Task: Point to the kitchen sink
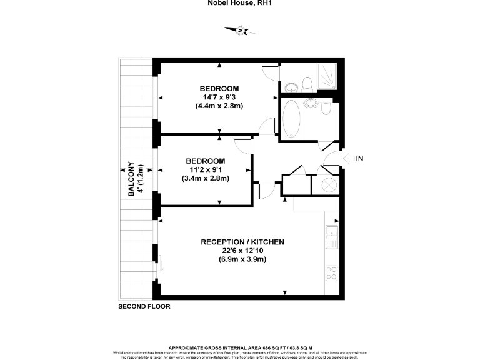tap(332, 236)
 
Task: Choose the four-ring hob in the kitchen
tap(332, 272)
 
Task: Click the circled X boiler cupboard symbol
tap(330, 185)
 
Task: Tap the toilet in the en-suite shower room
tap(306, 82)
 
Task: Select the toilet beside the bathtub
tap(326, 108)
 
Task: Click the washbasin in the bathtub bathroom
tap(311, 102)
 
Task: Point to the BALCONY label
tap(132, 180)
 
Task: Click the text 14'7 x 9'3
tap(219, 97)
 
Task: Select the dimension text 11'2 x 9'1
tap(205, 169)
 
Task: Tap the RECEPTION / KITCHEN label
tap(242, 242)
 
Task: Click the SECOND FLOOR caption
tap(144, 307)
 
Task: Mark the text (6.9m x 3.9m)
tap(242, 259)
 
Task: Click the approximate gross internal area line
tap(240, 347)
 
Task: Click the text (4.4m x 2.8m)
tap(219, 106)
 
